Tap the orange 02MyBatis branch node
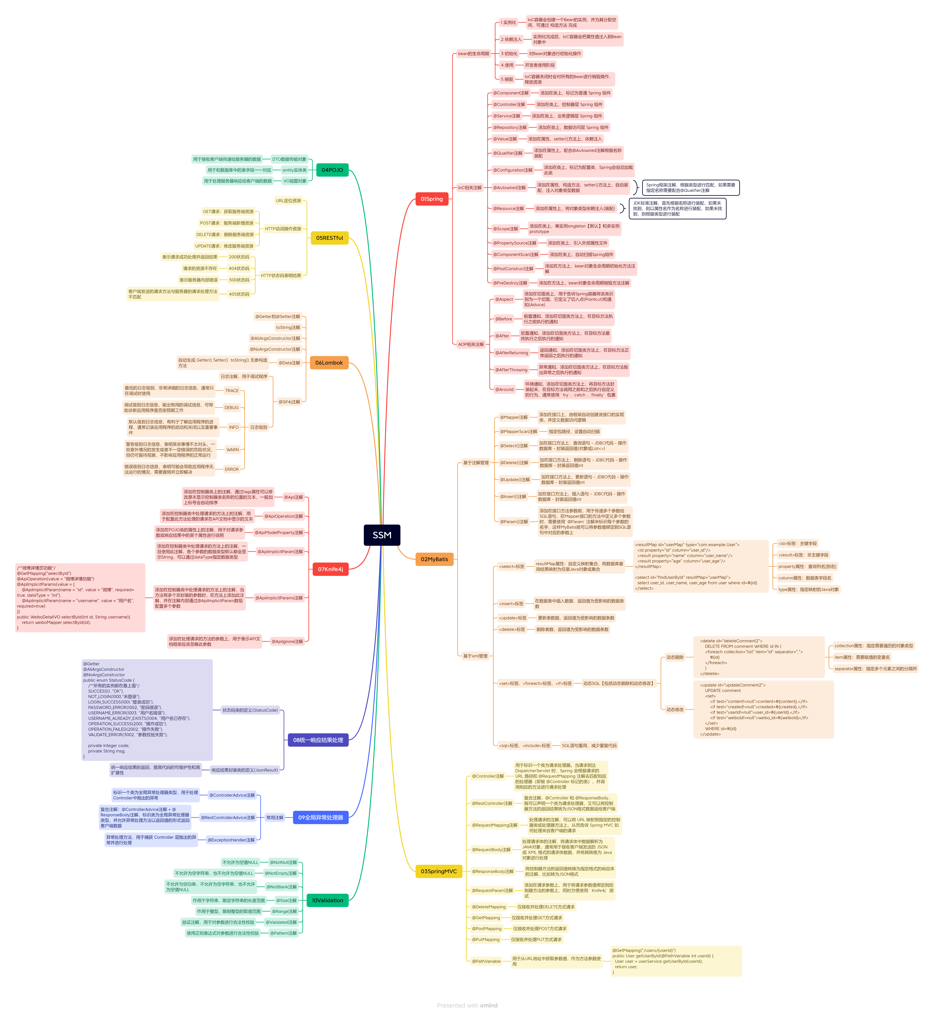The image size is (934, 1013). pos(434,559)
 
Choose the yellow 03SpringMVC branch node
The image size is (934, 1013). pos(438,871)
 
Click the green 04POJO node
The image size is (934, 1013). pos(332,170)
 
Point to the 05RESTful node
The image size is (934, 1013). pos(329,238)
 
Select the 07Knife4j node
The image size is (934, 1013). pos(330,569)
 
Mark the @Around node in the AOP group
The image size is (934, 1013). pos(504,389)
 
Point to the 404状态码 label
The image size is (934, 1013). pos(239,268)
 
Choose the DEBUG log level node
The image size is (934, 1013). pos(231,407)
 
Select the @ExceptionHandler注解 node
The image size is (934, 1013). pos(231,840)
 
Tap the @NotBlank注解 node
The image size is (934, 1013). pos(282,887)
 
